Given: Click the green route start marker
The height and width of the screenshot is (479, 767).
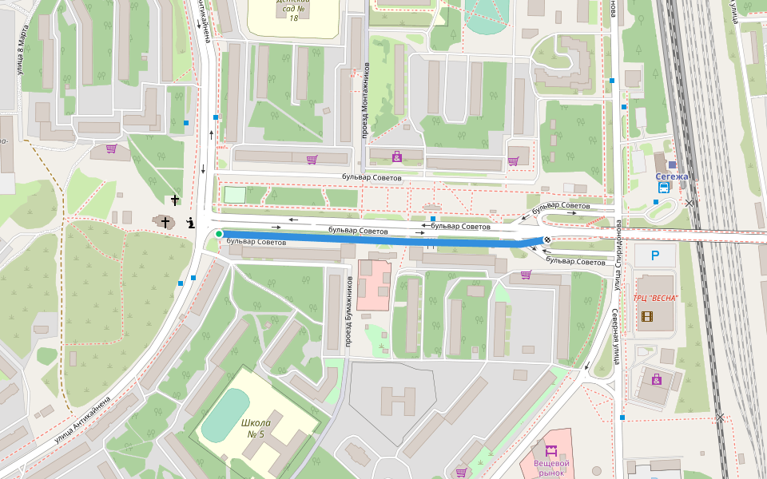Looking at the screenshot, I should click(219, 233).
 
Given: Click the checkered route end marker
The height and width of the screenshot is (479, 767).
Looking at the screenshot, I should click(548, 239).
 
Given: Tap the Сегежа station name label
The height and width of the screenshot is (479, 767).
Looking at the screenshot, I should click(671, 176).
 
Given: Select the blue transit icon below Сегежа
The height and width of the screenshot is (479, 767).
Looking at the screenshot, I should click(664, 188).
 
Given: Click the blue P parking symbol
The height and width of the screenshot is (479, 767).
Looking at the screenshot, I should click(655, 255).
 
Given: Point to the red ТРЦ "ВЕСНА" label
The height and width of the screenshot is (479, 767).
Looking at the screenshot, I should click(655, 298).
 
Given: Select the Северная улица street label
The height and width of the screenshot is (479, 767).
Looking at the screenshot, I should click(616, 336).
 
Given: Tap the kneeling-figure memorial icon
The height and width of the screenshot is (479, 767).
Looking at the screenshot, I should click(190, 223).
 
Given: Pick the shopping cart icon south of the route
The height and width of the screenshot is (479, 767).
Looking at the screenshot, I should click(526, 275).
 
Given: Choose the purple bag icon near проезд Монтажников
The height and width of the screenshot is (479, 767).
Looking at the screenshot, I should click(396, 156).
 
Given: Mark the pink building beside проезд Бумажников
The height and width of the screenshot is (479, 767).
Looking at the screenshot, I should click(372, 284).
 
